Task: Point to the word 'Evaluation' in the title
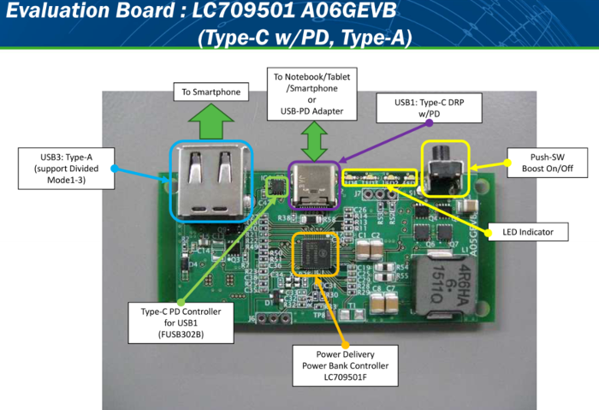pyautogui.click(x=59, y=14)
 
